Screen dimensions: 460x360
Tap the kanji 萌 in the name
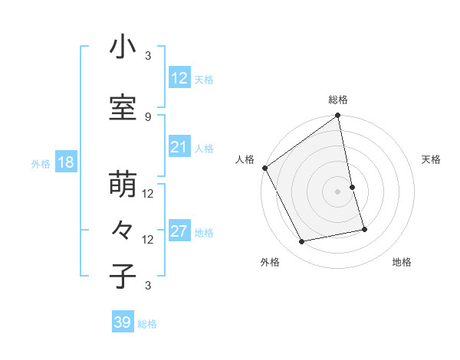(x=123, y=186)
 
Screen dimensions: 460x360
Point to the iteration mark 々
(x=123, y=231)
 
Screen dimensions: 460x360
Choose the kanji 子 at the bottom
(x=123, y=277)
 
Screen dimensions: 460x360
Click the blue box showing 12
(x=179, y=77)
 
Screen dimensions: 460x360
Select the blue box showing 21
(x=179, y=147)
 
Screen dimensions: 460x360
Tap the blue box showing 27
(x=179, y=231)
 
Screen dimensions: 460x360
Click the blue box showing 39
(x=123, y=322)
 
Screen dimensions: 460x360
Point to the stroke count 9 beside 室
(x=148, y=116)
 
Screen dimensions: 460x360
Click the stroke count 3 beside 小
(x=148, y=56)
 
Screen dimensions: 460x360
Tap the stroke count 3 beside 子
(x=148, y=286)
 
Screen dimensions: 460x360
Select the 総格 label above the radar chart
(x=338, y=100)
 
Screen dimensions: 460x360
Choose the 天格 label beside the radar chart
(x=431, y=159)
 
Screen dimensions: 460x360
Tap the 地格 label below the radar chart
(x=402, y=262)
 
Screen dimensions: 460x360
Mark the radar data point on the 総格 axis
(x=338, y=116)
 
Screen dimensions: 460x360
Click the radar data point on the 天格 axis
(x=352, y=187)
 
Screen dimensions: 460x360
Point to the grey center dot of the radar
(x=338, y=191)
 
